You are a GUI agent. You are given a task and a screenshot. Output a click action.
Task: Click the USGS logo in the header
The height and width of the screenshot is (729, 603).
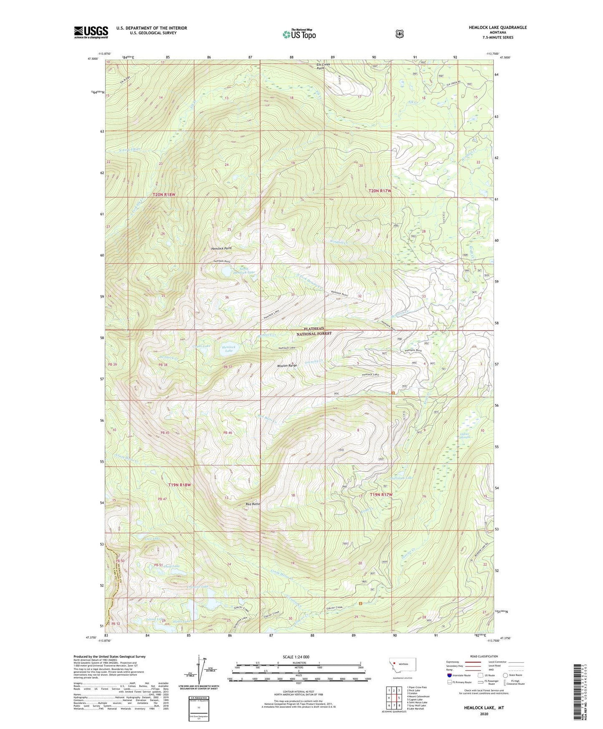point(91,32)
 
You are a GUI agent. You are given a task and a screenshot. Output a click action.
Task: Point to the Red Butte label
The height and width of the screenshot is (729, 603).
point(253,504)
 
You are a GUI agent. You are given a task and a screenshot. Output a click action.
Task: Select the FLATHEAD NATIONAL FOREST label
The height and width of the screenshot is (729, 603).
point(314,331)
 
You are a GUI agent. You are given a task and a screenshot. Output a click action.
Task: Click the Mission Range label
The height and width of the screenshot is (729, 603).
point(287,365)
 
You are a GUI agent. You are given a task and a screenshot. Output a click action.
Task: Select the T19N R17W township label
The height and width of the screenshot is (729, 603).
point(381,495)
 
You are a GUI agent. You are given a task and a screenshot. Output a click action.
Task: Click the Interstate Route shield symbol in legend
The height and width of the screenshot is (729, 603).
point(449,675)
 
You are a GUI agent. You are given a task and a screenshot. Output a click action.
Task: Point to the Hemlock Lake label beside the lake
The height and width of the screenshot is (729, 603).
point(229,349)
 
